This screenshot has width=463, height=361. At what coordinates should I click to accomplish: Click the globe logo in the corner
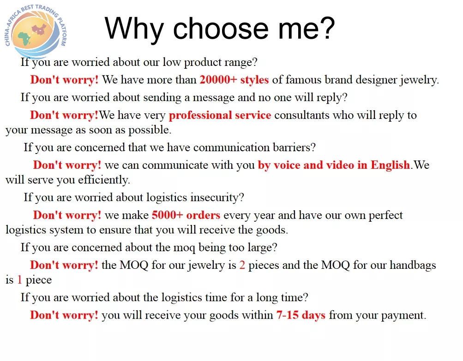click(x=36, y=31)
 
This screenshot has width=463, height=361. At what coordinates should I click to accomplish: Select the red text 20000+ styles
click(x=234, y=80)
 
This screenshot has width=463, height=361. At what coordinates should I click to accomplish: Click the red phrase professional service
click(x=220, y=115)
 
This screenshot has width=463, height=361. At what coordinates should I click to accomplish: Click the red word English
click(x=391, y=165)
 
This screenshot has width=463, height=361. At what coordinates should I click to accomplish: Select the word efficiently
click(x=104, y=180)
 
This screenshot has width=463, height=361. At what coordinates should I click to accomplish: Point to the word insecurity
click(x=217, y=197)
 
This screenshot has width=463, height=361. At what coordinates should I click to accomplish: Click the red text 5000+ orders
click(x=186, y=215)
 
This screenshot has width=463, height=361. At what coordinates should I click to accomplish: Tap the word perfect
click(x=385, y=215)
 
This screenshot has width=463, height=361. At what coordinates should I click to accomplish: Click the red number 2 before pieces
click(x=242, y=265)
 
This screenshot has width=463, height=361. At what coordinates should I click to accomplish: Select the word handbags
click(x=413, y=265)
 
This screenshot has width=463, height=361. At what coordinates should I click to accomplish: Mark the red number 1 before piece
click(x=19, y=279)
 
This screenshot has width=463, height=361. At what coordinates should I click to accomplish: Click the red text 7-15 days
click(x=301, y=315)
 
